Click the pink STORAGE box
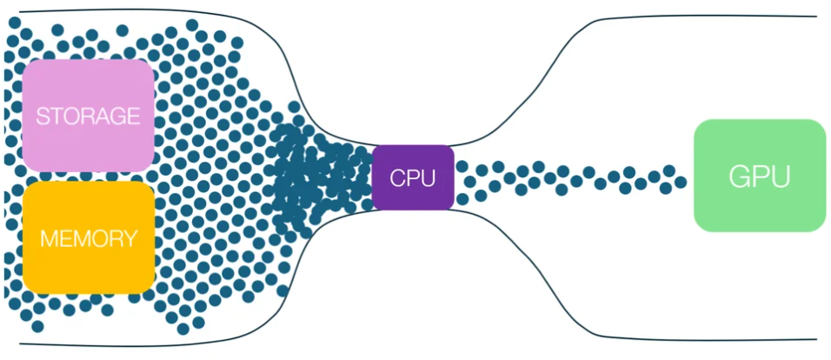89,116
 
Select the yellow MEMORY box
89,237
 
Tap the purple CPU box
413,177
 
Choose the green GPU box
760,176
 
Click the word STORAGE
88,117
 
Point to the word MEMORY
89,238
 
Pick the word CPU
413,178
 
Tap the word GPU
760,177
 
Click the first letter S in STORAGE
43,117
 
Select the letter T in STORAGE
57,117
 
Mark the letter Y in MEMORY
130,238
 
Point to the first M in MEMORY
49,238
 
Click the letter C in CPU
398,178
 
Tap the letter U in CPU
429,178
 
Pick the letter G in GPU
740,177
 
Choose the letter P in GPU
761,177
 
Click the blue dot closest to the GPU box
681,183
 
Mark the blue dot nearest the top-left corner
15,23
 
